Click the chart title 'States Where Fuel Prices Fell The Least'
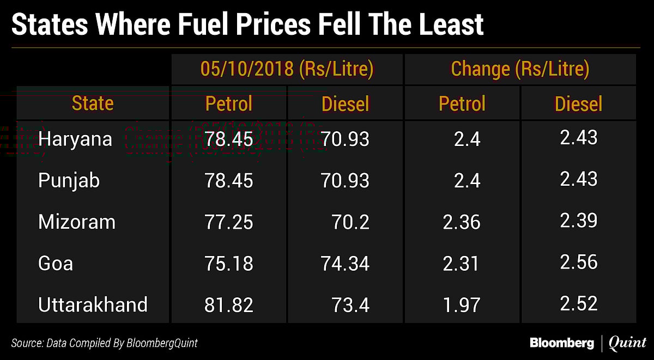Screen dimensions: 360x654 point(247,25)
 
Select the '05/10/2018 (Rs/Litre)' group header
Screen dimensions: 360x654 point(287,69)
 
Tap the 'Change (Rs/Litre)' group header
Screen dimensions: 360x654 point(520,69)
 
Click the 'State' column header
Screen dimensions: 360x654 point(93,103)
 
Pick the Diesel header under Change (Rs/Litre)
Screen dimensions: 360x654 point(578,103)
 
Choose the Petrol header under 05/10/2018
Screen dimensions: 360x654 point(229,103)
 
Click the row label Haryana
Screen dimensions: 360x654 point(75,139)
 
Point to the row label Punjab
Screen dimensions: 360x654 point(69,180)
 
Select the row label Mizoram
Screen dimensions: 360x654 point(77,222)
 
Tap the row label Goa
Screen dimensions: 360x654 point(56,263)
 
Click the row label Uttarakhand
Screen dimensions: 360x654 point(93,304)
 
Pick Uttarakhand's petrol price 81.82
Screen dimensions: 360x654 point(229,305)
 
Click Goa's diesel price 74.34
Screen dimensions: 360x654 point(346,264)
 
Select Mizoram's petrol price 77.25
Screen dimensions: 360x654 point(229,222)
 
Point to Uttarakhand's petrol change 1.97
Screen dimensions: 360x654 point(462,305)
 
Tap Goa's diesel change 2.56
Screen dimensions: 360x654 point(579,262)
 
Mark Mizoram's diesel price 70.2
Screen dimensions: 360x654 point(350,222)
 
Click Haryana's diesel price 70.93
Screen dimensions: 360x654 point(346,139)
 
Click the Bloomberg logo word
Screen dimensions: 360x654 point(562,343)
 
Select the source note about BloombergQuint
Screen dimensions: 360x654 point(105,343)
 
